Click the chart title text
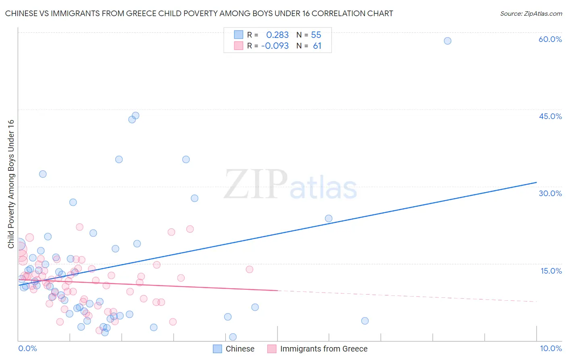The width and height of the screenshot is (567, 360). (199, 13)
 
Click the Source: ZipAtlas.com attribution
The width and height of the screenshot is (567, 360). (531, 13)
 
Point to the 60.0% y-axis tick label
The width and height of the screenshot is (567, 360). (550, 39)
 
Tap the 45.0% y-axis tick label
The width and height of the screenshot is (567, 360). (550, 116)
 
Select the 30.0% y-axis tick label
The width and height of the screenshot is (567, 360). (550, 193)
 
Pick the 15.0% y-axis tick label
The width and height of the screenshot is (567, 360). (551, 271)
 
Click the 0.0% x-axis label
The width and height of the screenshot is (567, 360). (27, 348)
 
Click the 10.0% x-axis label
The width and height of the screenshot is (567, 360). (550, 348)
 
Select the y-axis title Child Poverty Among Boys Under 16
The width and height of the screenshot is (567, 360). (11, 184)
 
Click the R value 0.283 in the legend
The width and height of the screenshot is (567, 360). (277, 35)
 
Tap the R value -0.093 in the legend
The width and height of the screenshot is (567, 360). (275, 46)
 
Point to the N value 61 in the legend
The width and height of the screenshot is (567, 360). (317, 46)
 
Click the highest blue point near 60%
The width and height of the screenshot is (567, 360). (447, 41)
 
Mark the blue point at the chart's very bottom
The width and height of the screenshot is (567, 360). (233, 337)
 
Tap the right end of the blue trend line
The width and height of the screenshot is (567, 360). (536, 182)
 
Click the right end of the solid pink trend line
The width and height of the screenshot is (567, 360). (277, 291)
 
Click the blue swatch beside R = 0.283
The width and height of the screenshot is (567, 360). (239, 35)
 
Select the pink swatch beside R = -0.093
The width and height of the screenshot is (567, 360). (239, 46)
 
